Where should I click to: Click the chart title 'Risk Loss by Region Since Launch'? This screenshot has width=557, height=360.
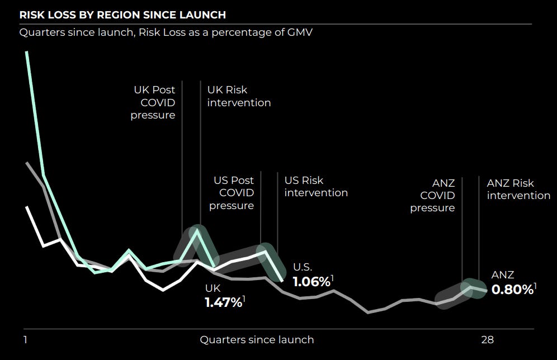point(123,15)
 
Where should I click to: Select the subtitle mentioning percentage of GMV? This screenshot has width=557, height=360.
point(166,32)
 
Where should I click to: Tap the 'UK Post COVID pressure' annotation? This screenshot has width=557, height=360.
point(153,102)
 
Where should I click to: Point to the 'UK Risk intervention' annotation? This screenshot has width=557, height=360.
point(239,96)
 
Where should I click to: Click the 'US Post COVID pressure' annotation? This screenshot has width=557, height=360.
point(232,193)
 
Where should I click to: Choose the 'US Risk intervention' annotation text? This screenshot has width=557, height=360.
point(316,187)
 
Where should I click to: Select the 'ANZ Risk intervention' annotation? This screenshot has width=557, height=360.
point(518,190)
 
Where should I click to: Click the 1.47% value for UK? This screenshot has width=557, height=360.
point(224,302)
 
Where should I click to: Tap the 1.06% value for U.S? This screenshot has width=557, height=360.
point(311,281)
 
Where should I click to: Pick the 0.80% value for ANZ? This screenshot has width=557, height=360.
point(512,290)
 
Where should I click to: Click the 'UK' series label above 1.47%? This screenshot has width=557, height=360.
point(213,288)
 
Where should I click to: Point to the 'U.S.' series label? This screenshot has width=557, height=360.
point(303,267)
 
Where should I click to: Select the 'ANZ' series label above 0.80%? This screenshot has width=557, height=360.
point(502,275)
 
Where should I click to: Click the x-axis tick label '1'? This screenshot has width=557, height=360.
point(25,339)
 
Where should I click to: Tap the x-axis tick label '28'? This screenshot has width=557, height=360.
point(488,339)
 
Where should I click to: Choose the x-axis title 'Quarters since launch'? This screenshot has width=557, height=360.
point(257,339)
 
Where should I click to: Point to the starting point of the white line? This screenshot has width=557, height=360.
point(26,207)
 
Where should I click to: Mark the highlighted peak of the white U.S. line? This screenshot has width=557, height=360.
point(265,252)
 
